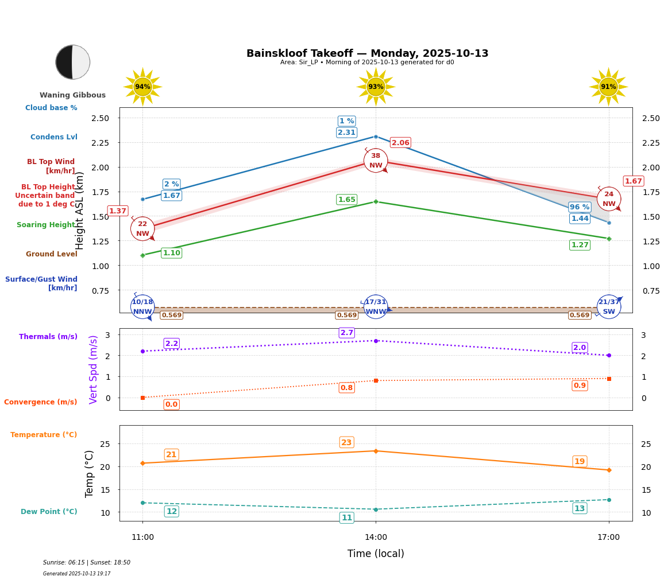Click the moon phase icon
tap(72, 62)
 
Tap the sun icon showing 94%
tap(142, 87)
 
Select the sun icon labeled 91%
tap(608, 87)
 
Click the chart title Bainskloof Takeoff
tap(367, 53)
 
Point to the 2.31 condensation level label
tap(346, 133)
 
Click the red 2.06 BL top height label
tap(400, 143)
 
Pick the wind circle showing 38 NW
tap(376, 161)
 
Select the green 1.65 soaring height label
tap(346, 200)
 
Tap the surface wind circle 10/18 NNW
tap(142, 307)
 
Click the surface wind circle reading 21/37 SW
tap(609, 307)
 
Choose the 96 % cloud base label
tap(580, 207)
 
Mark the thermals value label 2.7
tap(347, 333)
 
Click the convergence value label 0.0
tap(171, 404)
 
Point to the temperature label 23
tap(346, 442)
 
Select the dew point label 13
tap(580, 508)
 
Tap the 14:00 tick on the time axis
tap(376, 538)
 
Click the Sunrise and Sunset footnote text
tap(87, 563)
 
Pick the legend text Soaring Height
tap(47, 225)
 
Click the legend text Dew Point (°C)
tap(49, 512)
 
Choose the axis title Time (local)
tap(376, 554)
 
